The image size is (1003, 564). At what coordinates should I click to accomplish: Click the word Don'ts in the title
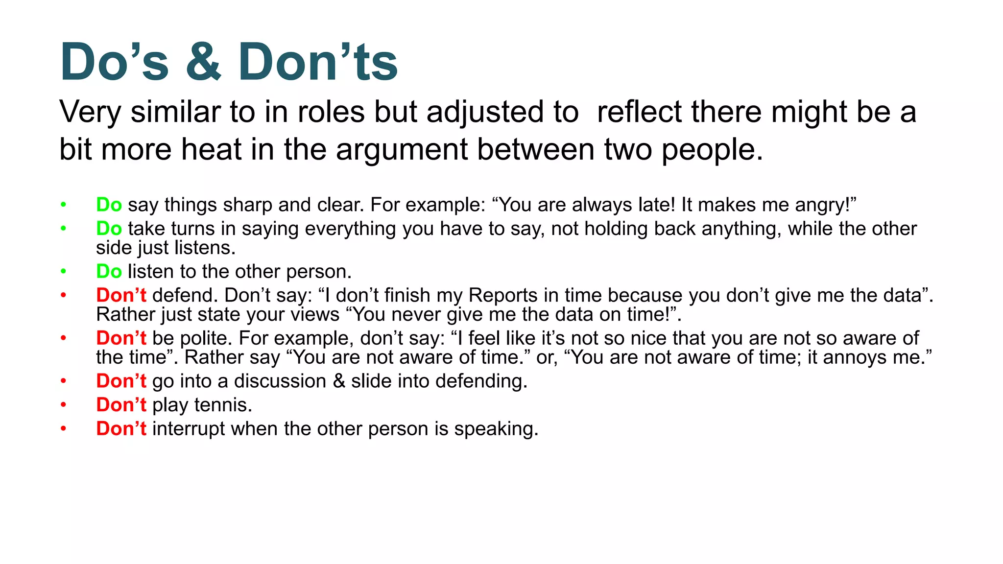click(x=317, y=62)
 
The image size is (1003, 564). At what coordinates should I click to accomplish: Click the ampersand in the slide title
click(x=203, y=62)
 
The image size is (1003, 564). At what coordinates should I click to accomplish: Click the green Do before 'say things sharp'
click(x=109, y=205)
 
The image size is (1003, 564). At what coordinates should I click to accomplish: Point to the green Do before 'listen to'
click(x=109, y=271)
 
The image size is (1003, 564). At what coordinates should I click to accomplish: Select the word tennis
click(x=223, y=405)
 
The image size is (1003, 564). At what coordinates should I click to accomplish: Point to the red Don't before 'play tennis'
click(x=121, y=405)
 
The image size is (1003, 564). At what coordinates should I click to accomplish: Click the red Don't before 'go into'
click(x=121, y=381)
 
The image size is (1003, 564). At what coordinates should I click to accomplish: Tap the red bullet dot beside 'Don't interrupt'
click(x=63, y=429)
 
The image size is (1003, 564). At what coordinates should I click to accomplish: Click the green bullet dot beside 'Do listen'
click(x=63, y=271)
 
